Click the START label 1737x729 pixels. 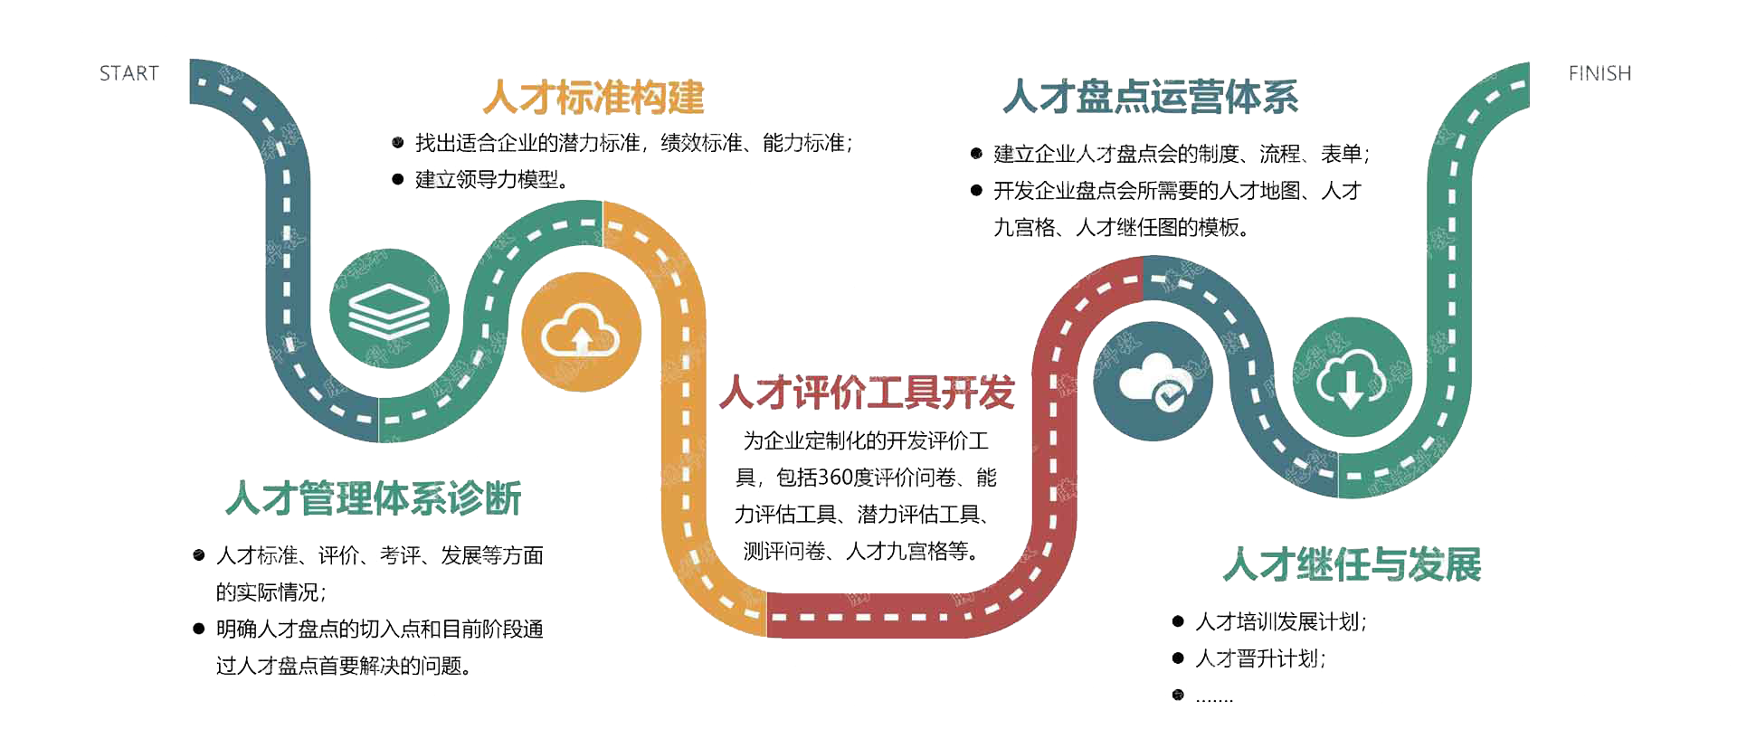click(129, 73)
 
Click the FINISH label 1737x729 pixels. click(1599, 73)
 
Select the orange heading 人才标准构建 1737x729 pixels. click(593, 98)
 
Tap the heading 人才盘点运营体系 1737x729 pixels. click(1151, 97)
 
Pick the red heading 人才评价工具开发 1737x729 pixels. click(867, 393)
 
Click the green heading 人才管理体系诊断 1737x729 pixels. click(374, 498)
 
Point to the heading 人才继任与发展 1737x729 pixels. click(1353, 564)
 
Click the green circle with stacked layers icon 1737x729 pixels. click(389, 309)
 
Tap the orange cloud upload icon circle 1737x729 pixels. click(581, 332)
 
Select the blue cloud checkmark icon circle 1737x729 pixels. click(1153, 382)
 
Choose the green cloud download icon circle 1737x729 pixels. click(1352, 377)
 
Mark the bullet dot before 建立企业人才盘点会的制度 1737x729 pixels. click(976, 154)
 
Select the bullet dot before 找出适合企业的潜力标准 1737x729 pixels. click(397, 142)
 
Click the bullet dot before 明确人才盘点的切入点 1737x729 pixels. click(199, 629)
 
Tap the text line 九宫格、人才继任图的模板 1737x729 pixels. click(1122, 227)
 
